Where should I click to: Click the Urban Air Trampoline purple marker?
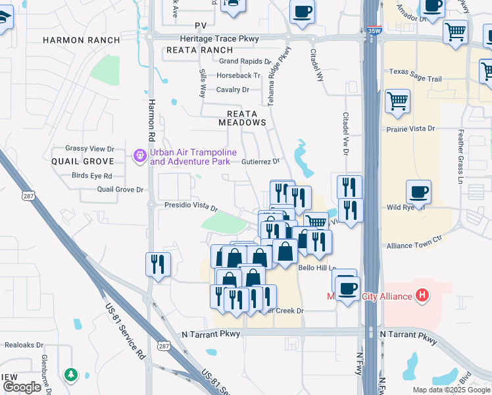point(139,156)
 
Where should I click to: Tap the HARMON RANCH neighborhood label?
point(82,40)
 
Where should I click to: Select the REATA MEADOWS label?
point(243,122)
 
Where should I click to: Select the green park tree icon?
point(70,375)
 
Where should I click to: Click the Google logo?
point(22,387)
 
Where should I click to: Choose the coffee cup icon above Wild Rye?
point(418,193)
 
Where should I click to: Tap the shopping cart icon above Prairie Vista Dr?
point(397,103)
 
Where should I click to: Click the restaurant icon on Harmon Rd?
point(158,265)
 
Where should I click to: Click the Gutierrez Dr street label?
point(260,161)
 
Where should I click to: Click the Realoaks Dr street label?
point(24,344)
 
